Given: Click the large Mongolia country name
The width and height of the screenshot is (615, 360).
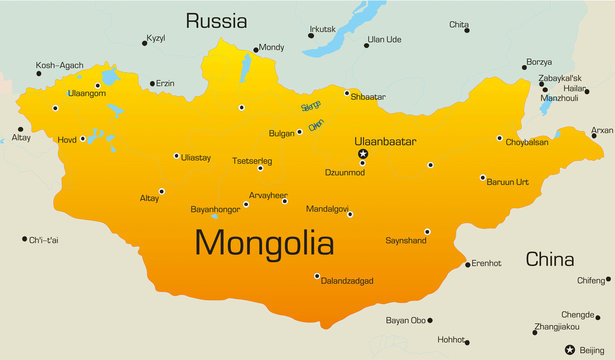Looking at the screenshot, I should point(264,242).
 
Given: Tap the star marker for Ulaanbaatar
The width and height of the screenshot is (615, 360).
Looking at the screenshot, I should point(363,154).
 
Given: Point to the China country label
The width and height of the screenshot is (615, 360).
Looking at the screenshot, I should point(550,260).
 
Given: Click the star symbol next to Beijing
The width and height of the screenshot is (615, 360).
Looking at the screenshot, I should point(569,349).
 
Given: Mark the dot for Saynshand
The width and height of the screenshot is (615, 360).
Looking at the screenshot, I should point(427,231).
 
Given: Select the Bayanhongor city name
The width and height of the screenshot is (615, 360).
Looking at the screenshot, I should point(216,210).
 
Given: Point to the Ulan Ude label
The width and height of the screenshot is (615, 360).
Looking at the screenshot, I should point(384,40).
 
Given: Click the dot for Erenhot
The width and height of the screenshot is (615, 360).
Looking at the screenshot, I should point(467,264).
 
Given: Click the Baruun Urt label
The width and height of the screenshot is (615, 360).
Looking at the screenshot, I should point(509,183).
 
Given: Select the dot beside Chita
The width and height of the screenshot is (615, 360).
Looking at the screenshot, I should point(466,31).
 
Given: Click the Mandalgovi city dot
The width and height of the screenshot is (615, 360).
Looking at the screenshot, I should point(350,214).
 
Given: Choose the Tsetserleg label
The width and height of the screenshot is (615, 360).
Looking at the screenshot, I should point(253,158).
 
